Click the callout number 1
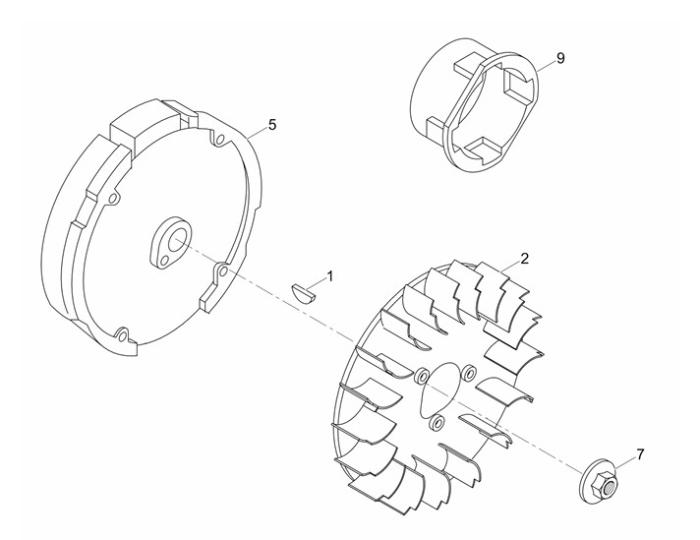pyautogui.click(x=330, y=276)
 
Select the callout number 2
pyautogui.click(x=525, y=258)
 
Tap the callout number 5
pyautogui.click(x=272, y=125)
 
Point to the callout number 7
pyautogui.click(x=640, y=454)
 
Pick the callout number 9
pyautogui.click(x=560, y=58)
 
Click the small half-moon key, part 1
pyautogui.click(x=304, y=291)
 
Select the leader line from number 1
pyautogui.click(x=316, y=285)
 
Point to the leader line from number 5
pyautogui.click(x=258, y=132)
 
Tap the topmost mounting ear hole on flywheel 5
pyautogui.click(x=219, y=141)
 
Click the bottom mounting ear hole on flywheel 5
pyautogui.click(x=124, y=332)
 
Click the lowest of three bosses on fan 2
pyautogui.click(x=437, y=422)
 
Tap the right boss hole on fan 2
pyautogui.click(x=468, y=373)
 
